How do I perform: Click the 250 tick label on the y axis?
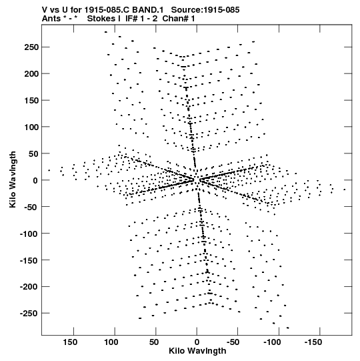31,47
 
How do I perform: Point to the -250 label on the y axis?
29,314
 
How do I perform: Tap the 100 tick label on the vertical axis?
31,127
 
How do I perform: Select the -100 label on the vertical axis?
29,234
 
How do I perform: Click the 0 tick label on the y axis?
35,180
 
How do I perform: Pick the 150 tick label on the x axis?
70,342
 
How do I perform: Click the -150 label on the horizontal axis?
313,342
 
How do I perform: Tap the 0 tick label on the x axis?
197,342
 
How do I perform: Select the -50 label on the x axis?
233,342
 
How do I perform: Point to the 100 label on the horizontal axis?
111,342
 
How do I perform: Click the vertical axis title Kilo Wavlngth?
13,179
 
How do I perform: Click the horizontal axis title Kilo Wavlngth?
197,351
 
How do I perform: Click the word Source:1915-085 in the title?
205,10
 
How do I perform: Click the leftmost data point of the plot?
49,170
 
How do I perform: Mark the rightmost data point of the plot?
345,190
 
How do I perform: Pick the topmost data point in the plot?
106,32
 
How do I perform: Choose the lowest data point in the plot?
288,328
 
